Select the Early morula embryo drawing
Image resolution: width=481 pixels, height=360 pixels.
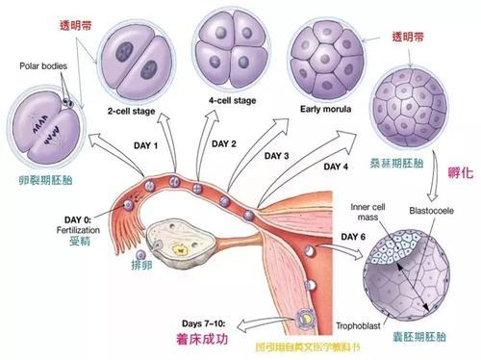[322, 49]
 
